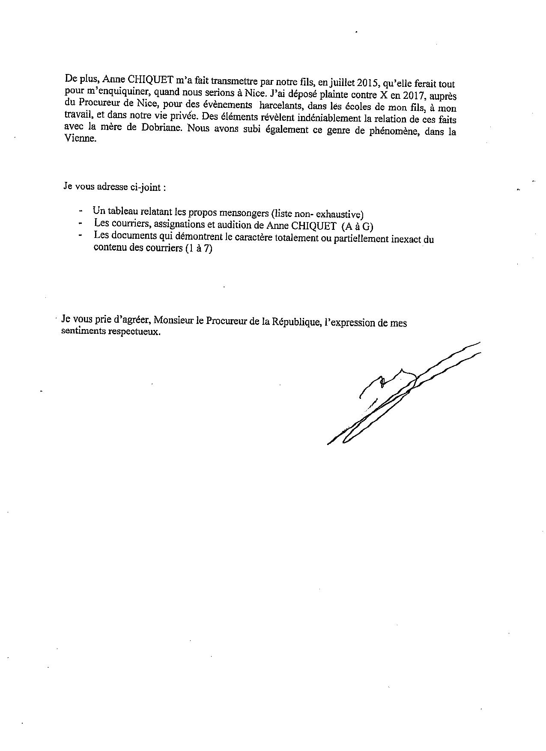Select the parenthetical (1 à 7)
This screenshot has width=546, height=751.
point(199,249)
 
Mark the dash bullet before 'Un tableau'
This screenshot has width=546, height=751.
point(81,211)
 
